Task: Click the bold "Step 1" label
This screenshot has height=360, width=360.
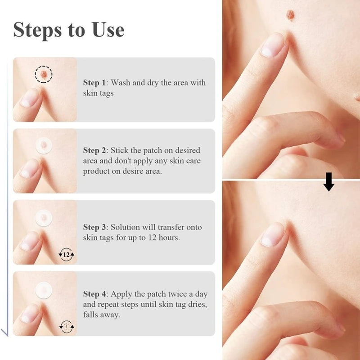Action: (94, 83)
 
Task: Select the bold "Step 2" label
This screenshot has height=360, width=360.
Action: (94, 150)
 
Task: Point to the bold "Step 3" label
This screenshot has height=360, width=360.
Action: (94, 227)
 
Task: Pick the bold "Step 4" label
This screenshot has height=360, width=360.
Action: (94, 294)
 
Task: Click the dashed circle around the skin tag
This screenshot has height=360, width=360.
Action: (44, 73)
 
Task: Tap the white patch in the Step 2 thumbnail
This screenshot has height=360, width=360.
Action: (44, 145)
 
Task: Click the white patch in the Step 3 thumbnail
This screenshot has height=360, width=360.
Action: (44, 218)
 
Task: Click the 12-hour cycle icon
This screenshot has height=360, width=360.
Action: (67, 255)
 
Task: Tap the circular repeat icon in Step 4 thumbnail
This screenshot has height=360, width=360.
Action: (67, 326)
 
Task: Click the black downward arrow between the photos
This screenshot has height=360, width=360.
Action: (329, 181)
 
